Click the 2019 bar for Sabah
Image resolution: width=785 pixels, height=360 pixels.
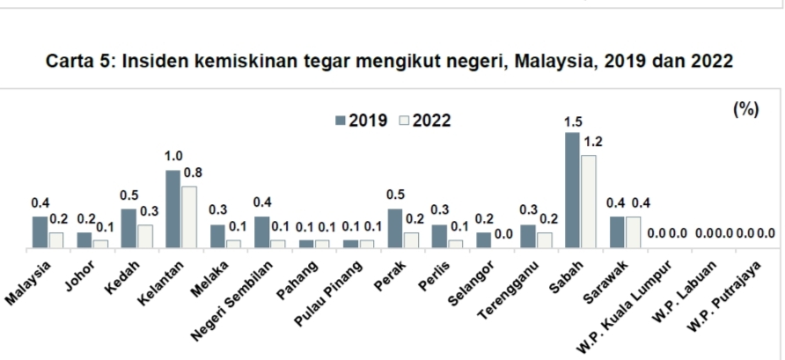coord(572,190)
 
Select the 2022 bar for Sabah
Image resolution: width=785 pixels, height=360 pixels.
coord(588,202)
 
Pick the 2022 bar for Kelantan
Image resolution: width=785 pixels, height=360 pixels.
coord(188,217)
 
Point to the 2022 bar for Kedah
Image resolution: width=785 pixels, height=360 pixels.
coord(144,236)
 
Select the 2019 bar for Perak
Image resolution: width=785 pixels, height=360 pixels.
coord(394,228)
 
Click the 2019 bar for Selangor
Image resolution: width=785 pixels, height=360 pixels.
coord(483,239)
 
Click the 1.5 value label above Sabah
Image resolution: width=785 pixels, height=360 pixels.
coord(573,122)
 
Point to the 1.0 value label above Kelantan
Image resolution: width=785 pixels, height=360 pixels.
coord(173,156)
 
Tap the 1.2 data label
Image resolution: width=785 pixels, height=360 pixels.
coord(592,141)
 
